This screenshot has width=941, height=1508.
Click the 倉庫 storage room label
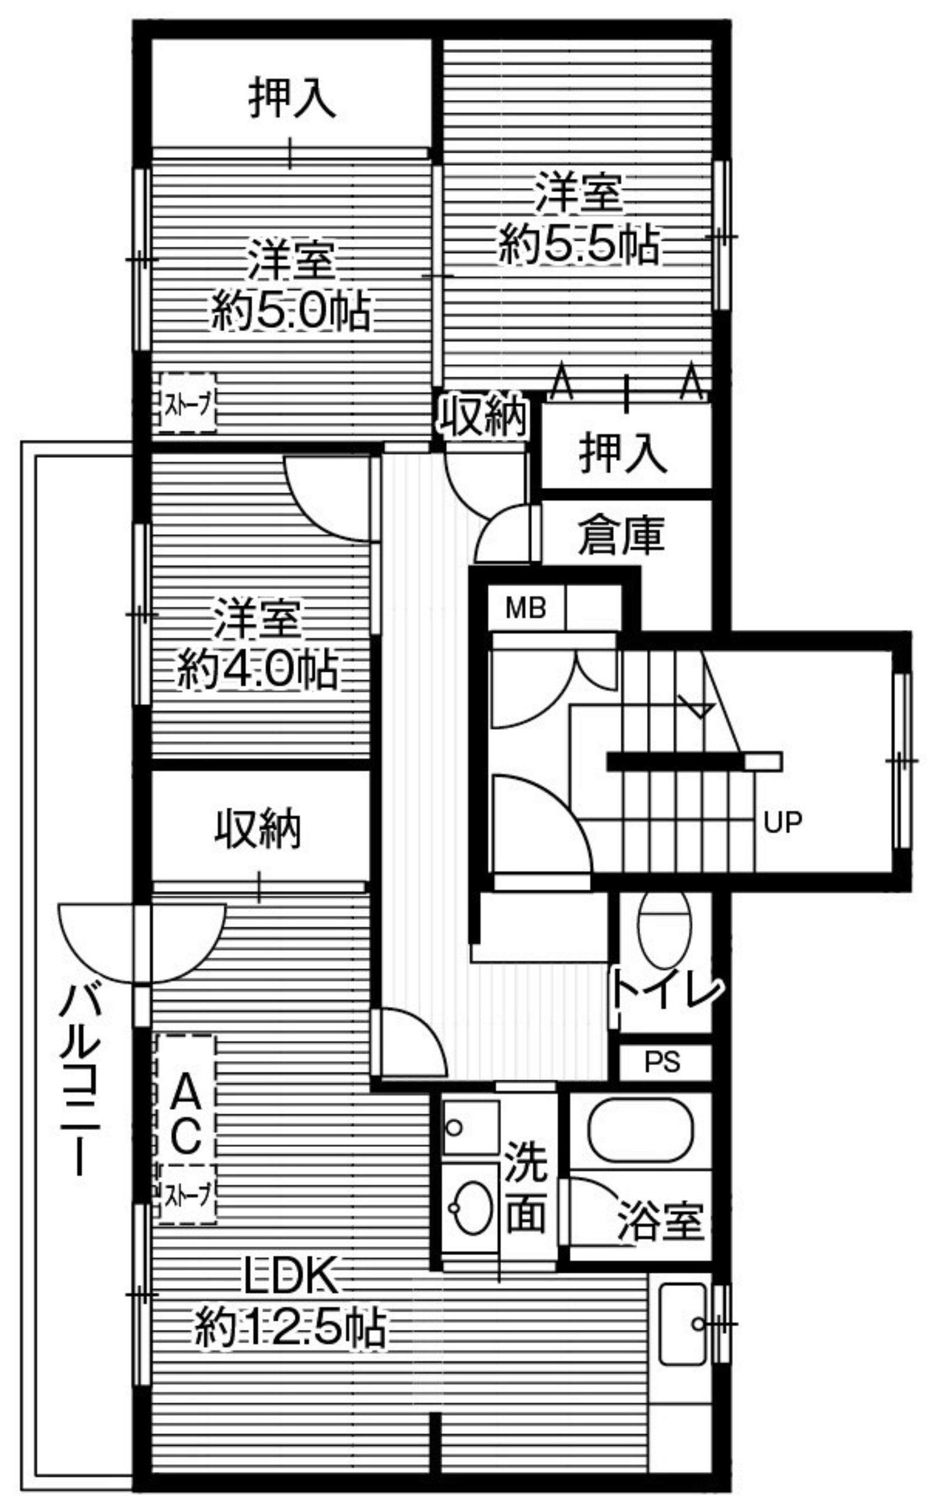tap(621, 535)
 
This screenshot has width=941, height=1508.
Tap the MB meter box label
tap(526, 608)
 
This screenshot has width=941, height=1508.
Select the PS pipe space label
tap(662, 1062)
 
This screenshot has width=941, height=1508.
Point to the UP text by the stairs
tap(783, 822)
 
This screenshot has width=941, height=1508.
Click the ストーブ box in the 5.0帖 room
tap(188, 402)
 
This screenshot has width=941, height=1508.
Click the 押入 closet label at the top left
tap(292, 97)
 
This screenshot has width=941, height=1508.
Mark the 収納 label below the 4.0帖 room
tap(258, 828)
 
